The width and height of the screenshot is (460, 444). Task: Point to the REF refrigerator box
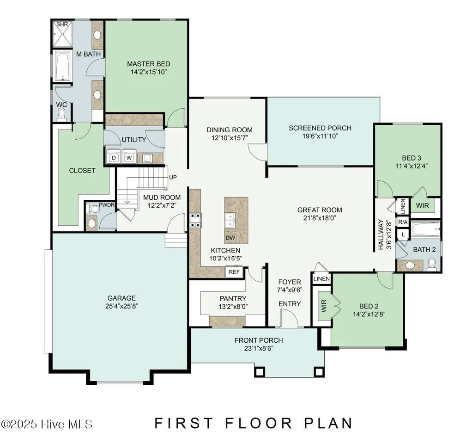pos(234,272)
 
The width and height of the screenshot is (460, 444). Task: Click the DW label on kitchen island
pos(230,238)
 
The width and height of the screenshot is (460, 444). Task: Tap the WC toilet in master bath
pos(62,113)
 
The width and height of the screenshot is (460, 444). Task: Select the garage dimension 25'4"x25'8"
pos(121,306)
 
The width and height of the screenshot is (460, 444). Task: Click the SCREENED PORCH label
pos(320,128)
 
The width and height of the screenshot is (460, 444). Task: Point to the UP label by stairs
pos(173,177)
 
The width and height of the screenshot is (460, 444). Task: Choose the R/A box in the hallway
pos(403,222)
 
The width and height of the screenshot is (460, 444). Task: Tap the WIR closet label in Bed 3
pos(422,204)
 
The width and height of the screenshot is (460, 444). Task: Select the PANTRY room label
pos(233,298)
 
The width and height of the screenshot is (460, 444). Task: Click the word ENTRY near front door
pos(290,304)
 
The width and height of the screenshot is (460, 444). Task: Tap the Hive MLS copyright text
pos(47,424)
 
